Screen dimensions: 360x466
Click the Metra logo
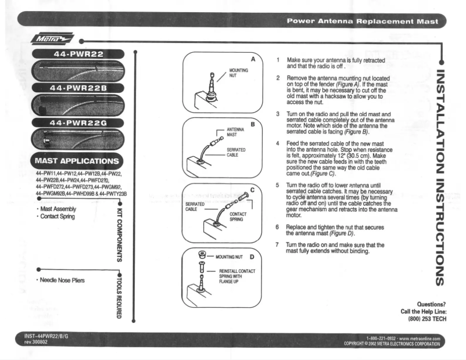[52, 39]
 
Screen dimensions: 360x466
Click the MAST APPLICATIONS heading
[77, 160]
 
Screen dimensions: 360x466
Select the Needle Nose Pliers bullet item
[62, 280]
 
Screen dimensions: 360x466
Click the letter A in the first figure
[253, 59]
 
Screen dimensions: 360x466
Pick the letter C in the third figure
[253, 190]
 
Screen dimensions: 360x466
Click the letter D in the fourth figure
[253, 256]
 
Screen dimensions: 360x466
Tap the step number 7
[278, 244]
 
